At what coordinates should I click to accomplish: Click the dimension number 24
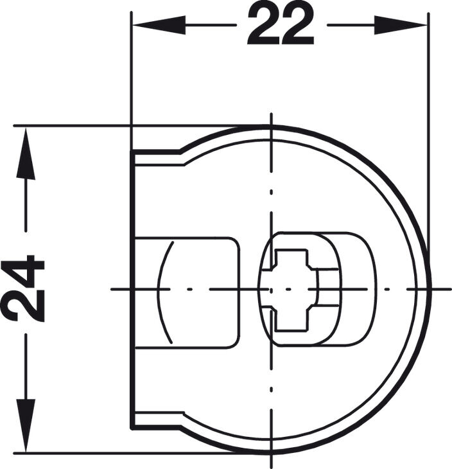[x=22, y=288]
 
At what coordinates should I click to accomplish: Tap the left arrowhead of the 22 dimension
[x=159, y=25]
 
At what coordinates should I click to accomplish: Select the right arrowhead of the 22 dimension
[x=401, y=25]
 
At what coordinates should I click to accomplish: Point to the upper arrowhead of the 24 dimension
[x=26, y=154]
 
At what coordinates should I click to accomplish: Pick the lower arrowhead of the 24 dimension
[x=26, y=425]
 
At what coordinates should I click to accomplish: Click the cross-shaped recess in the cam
[x=295, y=289]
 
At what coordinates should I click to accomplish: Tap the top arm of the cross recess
[x=291, y=257]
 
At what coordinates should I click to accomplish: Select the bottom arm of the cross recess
[x=291, y=321]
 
